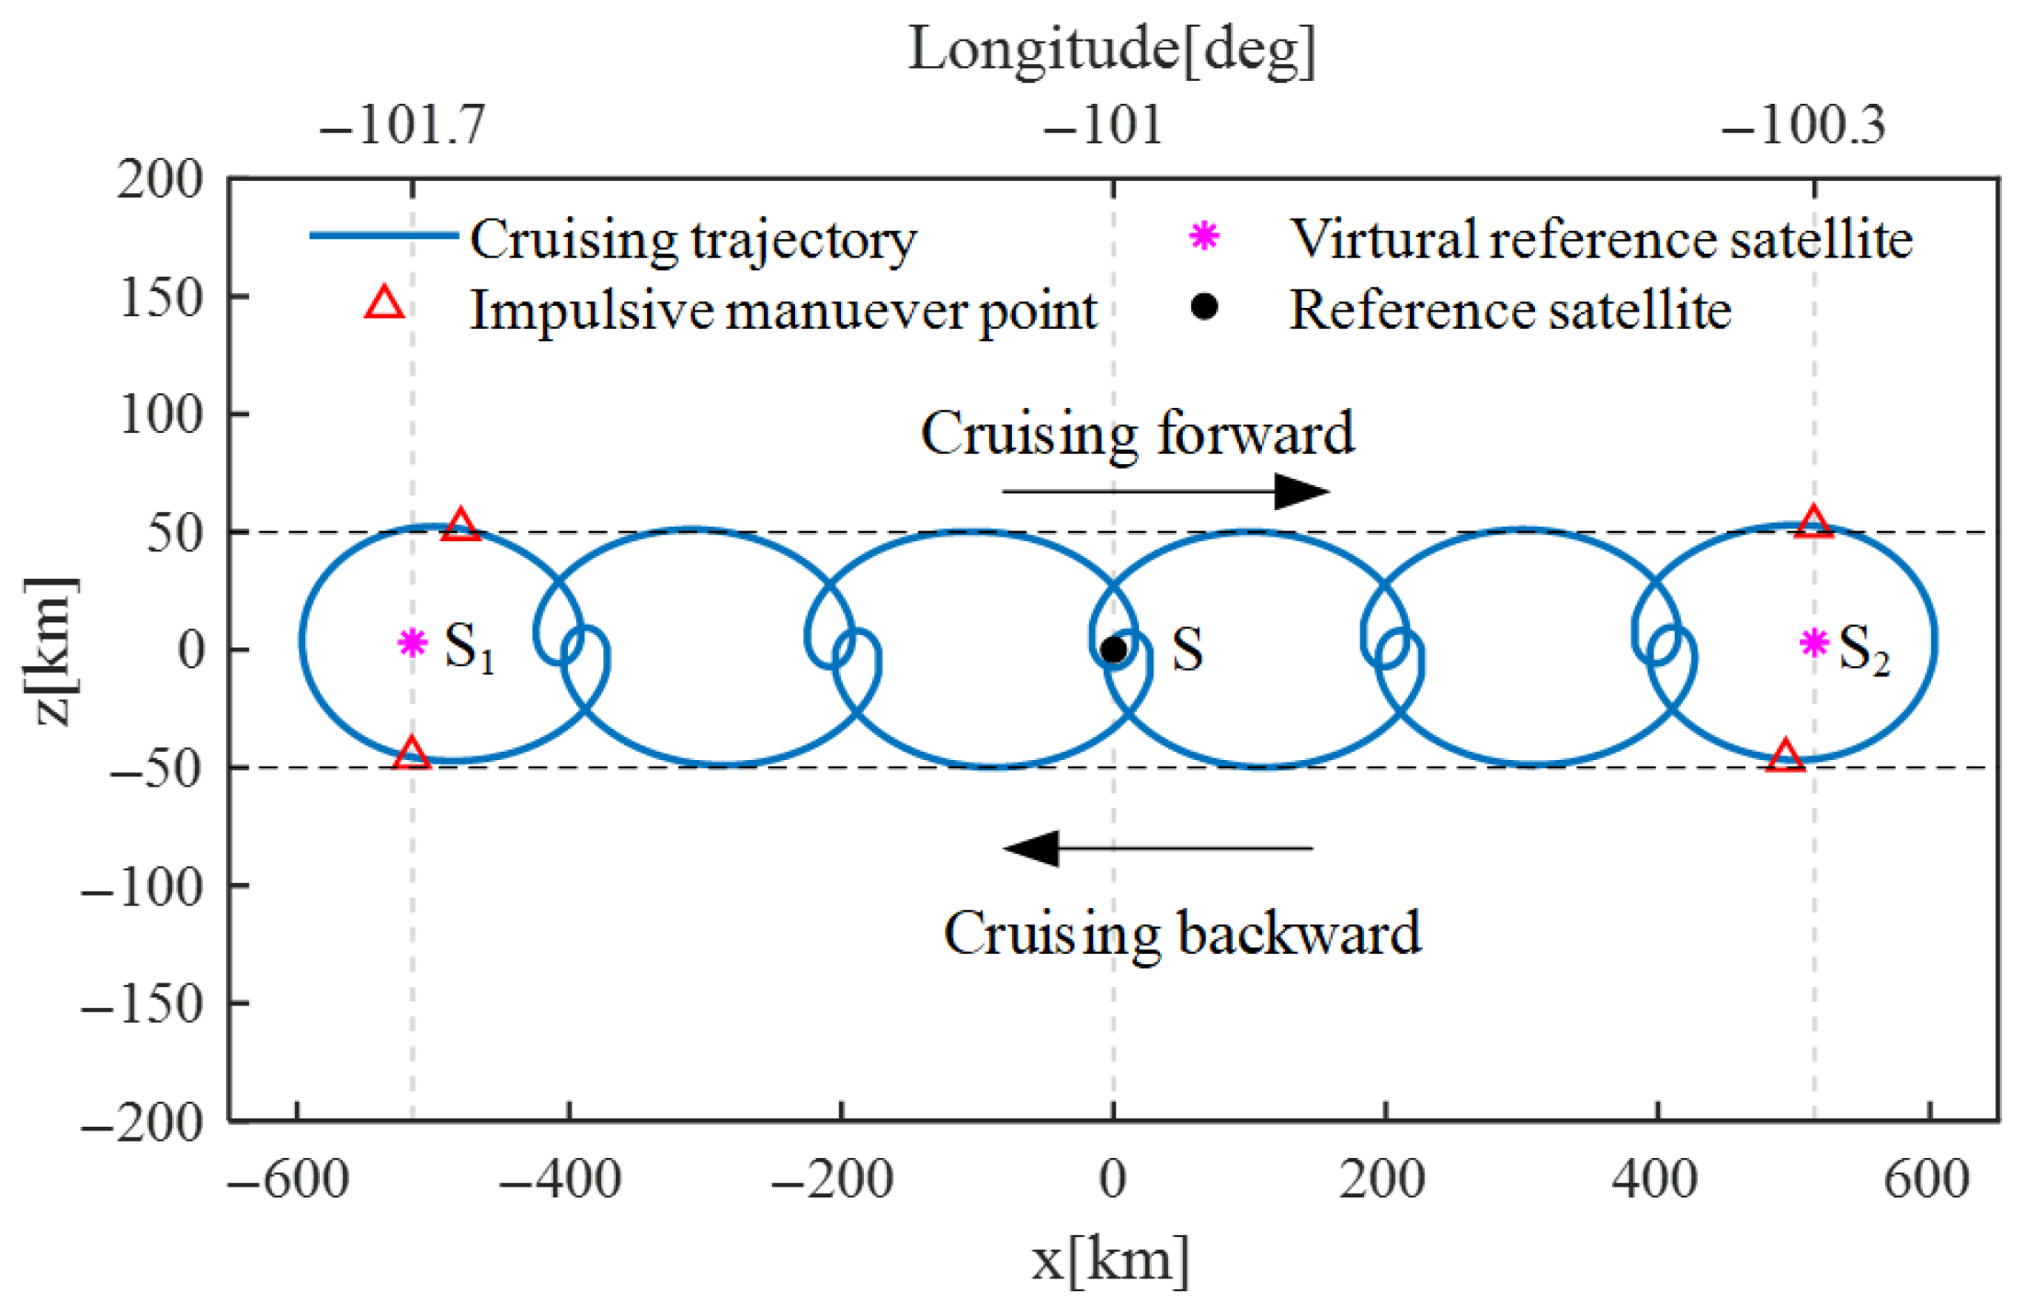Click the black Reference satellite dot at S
click(x=1112, y=650)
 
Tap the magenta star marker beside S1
click(x=412, y=642)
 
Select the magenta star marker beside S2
click(x=1813, y=643)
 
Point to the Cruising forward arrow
click(x=1165, y=492)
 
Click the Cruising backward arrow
click(x=1158, y=847)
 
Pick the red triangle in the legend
click(x=384, y=303)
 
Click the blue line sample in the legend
click(x=383, y=235)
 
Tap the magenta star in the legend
click(x=1203, y=236)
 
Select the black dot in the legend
click(x=1203, y=307)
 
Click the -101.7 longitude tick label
click(x=402, y=125)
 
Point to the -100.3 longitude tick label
click(x=1803, y=125)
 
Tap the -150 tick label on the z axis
click(x=142, y=1004)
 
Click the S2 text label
click(x=1863, y=649)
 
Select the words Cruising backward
click(x=1182, y=934)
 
